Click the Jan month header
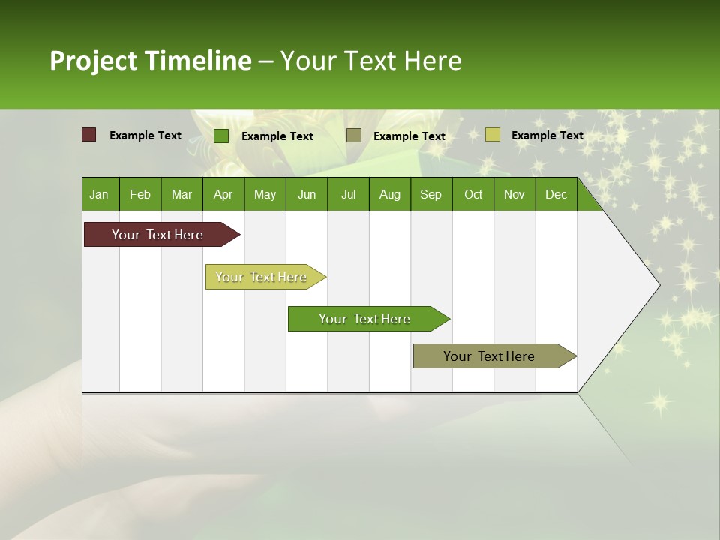coord(100,194)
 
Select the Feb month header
coord(140,194)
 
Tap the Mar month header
coord(181,194)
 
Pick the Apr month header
coord(223,194)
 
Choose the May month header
coord(265,194)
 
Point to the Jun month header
coord(307,194)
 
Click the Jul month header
coord(348,194)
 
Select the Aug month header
coord(390,194)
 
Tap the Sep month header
coord(431,194)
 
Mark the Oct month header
coord(473,194)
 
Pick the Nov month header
coord(514,194)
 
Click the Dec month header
coord(556,194)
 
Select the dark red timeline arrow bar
coord(158,235)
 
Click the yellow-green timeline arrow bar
coord(261,277)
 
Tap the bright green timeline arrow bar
coord(364,319)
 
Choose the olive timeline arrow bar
coord(490,356)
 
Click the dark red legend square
coord(89,135)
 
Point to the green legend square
coord(221,136)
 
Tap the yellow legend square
coord(492,135)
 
